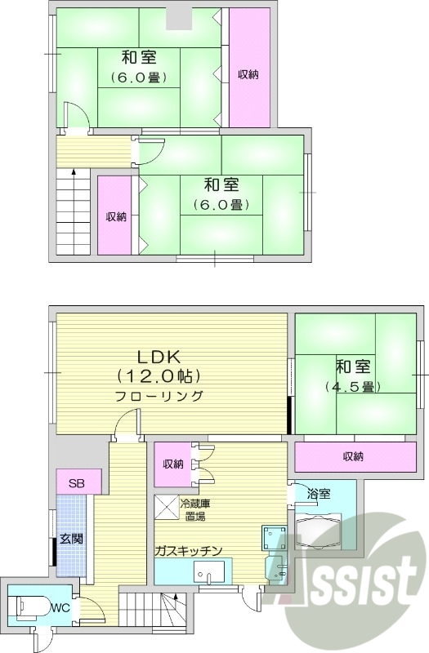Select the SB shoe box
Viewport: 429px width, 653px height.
[78, 482]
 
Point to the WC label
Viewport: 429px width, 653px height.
[60, 608]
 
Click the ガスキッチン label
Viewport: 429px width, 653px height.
[189, 550]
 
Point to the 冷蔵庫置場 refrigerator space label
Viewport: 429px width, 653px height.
[195, 509]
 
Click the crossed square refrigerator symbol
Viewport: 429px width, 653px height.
[167, 507]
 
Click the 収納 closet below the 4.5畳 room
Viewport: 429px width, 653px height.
[352, 455]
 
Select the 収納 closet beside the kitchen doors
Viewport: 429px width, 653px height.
[172, 464]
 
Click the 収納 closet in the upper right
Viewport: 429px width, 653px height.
[248, 74]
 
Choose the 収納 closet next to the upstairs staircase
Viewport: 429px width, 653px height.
[115, 216]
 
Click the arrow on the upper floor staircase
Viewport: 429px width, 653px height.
[74, 173]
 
